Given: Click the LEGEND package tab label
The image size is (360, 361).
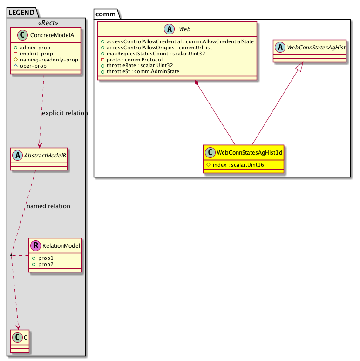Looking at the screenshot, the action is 21,13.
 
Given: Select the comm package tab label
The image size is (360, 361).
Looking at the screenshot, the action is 105,14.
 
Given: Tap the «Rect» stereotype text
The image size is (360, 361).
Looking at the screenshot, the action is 48,23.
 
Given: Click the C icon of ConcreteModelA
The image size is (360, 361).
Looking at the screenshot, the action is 22,35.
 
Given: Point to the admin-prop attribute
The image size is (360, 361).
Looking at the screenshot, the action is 35,48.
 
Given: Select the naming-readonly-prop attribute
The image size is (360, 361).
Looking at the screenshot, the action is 49,60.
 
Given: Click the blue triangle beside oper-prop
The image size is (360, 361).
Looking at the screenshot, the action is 16,66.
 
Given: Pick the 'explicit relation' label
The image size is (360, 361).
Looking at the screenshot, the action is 65,113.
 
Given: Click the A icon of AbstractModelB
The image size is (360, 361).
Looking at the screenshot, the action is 18,155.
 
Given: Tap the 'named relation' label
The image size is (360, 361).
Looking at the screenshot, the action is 48,206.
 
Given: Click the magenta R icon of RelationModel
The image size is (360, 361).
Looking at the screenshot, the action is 36,245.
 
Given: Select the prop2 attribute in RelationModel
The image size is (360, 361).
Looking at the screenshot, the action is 46,264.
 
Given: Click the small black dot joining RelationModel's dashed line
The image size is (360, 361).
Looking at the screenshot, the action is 11,255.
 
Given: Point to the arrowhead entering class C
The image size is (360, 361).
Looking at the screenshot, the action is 18,327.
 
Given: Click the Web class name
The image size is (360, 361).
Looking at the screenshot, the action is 184,29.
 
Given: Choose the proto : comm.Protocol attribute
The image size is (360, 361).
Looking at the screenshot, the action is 135,60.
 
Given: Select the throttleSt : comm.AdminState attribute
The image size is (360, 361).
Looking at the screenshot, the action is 143,72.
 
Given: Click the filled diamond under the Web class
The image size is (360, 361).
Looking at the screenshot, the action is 197,83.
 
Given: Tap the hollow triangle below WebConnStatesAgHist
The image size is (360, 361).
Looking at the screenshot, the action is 299,67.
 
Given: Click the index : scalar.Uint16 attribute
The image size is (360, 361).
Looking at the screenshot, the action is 238,165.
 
